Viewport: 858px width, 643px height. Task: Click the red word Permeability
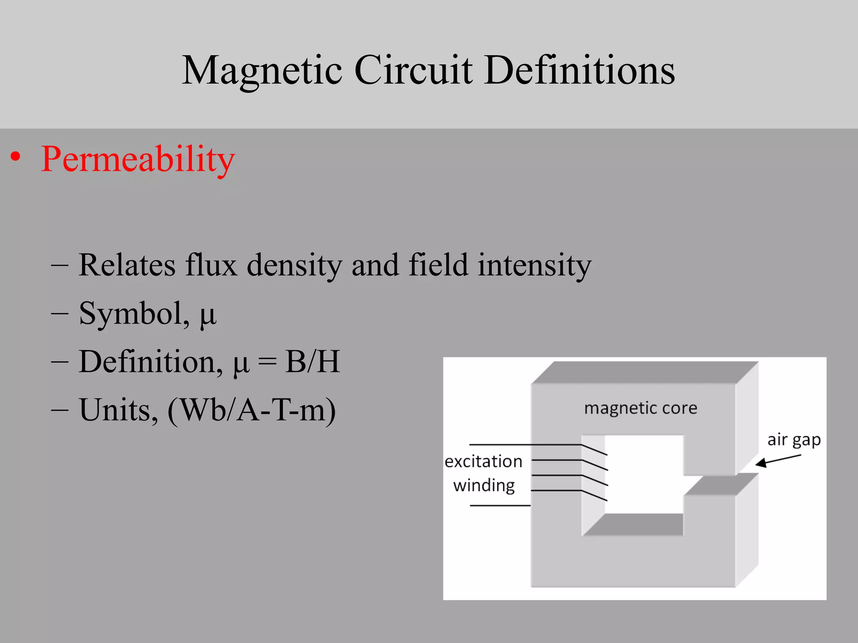(138, 159)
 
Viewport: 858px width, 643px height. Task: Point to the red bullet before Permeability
(16, 157)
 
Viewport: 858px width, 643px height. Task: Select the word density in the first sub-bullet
(294, 266)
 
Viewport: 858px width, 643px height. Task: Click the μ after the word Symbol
(208, 315)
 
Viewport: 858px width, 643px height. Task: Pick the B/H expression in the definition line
(312, 361)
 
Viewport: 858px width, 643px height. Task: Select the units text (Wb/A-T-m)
(251, 410)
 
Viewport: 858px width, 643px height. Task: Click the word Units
(119, 410)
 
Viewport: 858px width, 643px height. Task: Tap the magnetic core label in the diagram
(641, 408)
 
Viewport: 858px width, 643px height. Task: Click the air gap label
(793, 440)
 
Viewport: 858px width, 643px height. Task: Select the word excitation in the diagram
(483, 462)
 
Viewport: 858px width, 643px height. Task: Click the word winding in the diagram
(484, 486)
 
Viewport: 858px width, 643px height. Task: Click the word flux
(211, 265)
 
